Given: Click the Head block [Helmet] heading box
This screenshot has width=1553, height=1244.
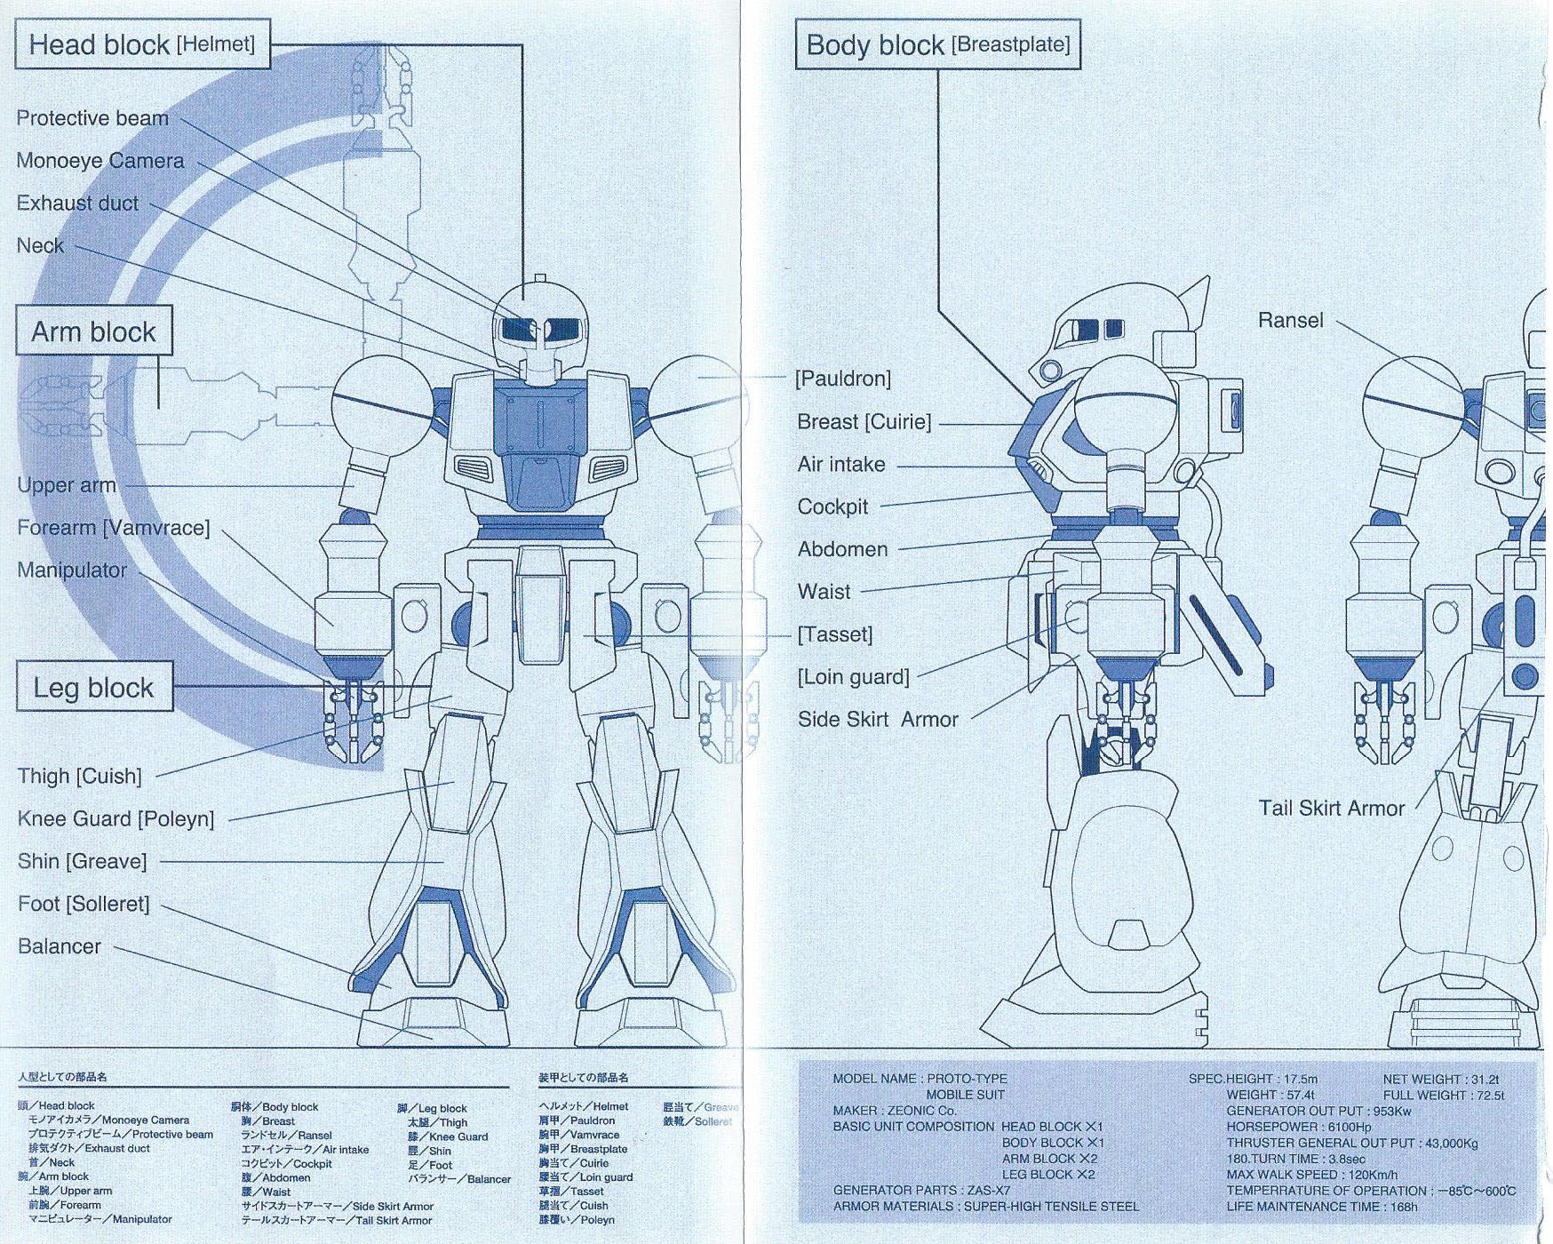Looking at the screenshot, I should pos(142,44).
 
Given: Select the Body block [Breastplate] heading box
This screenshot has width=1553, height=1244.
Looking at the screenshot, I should pos(937,44).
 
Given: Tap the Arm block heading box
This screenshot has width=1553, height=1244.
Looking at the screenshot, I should pos(93,331).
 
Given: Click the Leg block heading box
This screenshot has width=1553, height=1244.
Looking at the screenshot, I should pos(93,687).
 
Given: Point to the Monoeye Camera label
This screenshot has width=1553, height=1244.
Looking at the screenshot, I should pos(100,161).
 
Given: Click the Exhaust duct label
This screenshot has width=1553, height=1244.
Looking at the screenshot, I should pos(77,203).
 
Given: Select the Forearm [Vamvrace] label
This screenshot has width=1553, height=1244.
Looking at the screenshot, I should pos(114,528).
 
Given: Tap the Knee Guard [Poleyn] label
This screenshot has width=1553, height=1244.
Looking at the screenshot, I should pos(115,818).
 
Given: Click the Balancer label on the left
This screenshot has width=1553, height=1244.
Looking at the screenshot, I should pos(60,946).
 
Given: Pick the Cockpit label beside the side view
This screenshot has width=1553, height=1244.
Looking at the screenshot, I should pos(832,506).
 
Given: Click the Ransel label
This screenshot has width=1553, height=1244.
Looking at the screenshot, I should pos(1290,321).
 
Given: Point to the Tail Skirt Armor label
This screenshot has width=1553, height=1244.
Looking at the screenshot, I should pos(1331,809).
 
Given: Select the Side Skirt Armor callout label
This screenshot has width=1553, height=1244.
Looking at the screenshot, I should pos(878,720).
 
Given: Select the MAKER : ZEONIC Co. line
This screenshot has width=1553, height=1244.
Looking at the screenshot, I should pos(894,1111).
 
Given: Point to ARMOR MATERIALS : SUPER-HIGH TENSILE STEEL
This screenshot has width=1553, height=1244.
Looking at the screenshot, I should pos(985,1206).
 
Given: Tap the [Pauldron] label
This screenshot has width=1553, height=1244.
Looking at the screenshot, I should pos(842,379).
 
